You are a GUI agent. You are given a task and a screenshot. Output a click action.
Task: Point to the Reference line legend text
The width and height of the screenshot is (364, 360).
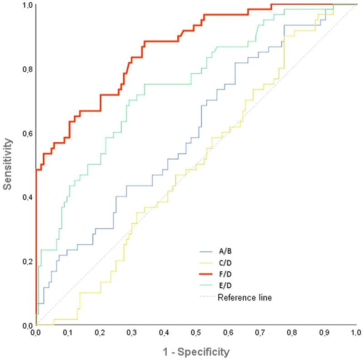click(x=244, y=298)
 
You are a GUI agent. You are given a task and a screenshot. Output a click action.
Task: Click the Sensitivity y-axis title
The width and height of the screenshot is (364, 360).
click(x=8, y=164)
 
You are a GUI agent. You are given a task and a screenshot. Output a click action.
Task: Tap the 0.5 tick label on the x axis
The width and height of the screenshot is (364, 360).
click(x=196, y=334)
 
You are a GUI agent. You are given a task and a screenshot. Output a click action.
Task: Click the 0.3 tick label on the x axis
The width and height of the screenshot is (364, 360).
click(x=132, y=334)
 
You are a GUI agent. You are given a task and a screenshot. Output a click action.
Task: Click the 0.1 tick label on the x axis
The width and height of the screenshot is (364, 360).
click(x=68, y=334)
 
